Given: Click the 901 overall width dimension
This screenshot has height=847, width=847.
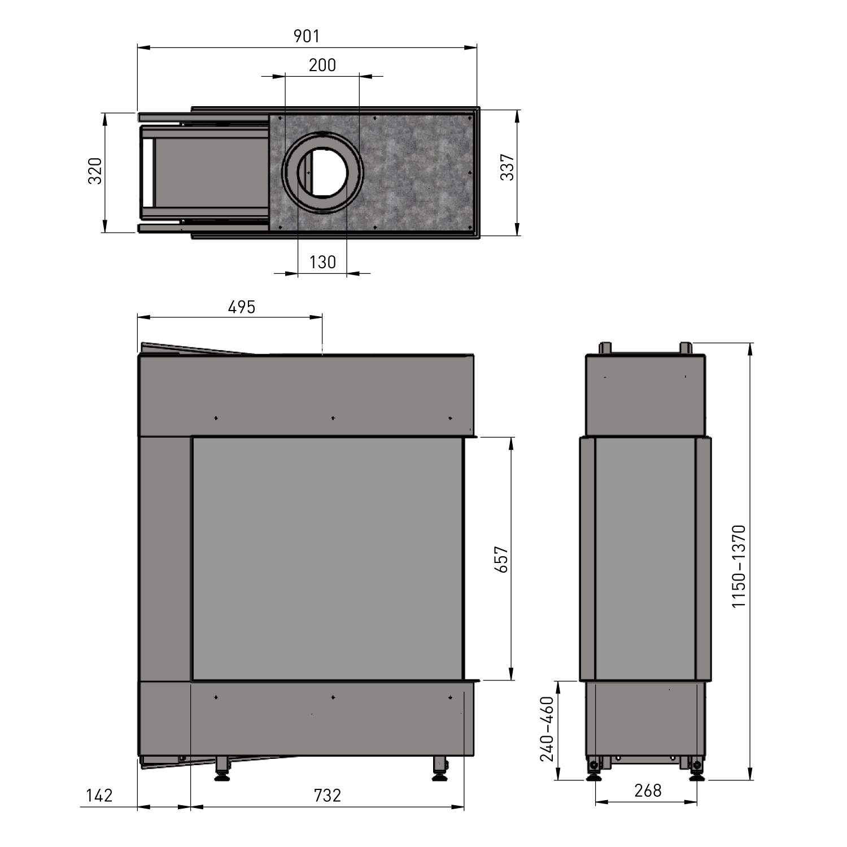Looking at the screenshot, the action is tap(307, 36).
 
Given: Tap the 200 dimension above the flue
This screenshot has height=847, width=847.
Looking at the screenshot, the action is tap(322, 66).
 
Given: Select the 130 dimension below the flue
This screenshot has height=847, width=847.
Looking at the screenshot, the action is tap(322, 262).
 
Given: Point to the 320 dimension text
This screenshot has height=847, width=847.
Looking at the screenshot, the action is tap(95, 171).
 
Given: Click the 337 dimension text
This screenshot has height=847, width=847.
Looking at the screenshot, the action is tap(508, 167).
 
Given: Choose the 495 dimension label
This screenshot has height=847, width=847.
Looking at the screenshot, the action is tap(242, 307).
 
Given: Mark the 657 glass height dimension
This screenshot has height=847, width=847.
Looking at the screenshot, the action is tap(501, 560).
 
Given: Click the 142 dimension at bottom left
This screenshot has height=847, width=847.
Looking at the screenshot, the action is tap(99, 796).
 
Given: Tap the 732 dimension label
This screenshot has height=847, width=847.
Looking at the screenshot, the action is tap(328, 796).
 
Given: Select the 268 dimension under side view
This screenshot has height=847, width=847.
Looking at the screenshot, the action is tap(648, 791).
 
